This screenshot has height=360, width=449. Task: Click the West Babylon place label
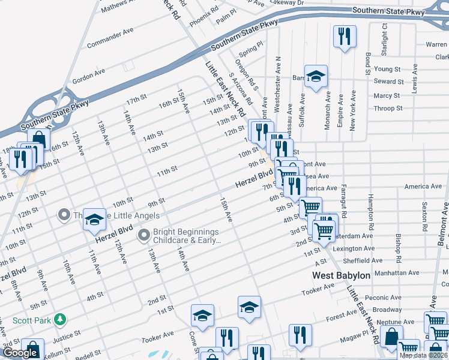(x=342, y=275)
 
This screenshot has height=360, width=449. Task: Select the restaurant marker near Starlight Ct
(x=345, y=37)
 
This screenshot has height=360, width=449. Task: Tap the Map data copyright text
(x=423, y=355)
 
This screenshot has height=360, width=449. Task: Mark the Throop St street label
(x=388, y=109)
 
